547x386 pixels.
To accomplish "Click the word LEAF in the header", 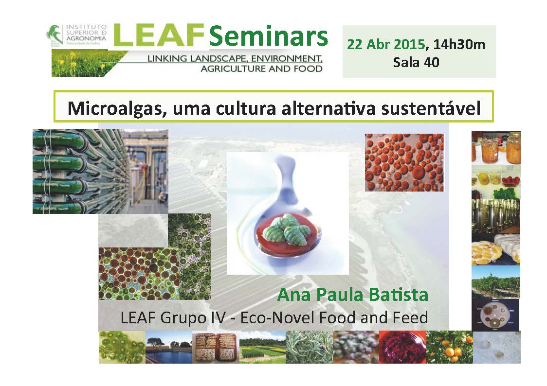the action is point(158,35).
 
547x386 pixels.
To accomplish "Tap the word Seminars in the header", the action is point(268,36).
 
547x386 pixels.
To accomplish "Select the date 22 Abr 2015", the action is point(386,45).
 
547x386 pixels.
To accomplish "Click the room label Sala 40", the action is point(416,62).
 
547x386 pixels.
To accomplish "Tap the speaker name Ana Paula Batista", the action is point(353,295).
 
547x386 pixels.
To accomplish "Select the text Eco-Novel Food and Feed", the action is point(334,318).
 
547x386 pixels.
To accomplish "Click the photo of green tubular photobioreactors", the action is point(100,171).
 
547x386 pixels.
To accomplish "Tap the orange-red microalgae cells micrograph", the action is point(404,162).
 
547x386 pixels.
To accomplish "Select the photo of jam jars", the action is point(496,147).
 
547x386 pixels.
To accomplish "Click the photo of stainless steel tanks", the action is point(496,216).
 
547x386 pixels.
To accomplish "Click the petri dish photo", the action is point(495,315).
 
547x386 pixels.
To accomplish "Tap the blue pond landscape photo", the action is point(168,347).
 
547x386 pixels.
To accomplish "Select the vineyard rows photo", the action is point(496,282).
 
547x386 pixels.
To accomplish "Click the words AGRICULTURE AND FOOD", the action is point(262,69).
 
